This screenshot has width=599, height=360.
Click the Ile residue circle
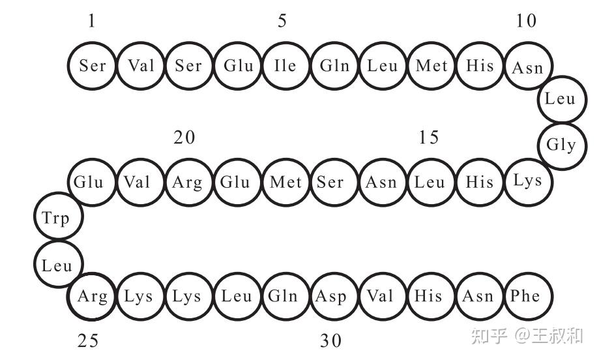285,65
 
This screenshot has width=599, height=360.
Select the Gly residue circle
561,145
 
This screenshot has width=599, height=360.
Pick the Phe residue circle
527,296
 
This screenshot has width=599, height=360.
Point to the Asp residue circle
332,296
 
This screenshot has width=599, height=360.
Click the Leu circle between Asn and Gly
561,99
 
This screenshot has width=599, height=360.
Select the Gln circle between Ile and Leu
334,65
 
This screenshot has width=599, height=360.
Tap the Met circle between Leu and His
431,65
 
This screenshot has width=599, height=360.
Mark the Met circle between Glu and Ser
285,181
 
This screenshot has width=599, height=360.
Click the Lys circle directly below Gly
528,181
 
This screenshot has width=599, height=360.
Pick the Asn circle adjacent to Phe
478,296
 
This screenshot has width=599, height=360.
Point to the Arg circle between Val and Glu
188,181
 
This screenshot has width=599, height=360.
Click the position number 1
91,22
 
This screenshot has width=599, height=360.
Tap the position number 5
282,22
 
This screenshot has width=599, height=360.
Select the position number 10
525,22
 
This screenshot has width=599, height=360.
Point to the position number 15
429,138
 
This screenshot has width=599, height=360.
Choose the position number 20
184,138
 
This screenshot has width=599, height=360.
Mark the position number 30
330,340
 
